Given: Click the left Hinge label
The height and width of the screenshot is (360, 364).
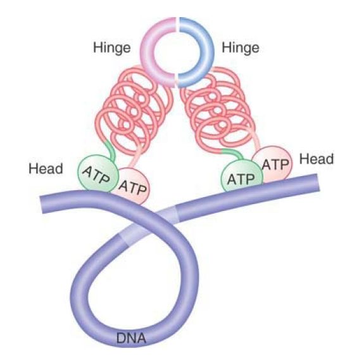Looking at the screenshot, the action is (x=112, y=48).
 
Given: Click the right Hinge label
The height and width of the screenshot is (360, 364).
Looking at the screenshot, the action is (x=241, y=48).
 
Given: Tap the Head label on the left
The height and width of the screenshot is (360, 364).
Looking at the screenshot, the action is (x=46, y=169).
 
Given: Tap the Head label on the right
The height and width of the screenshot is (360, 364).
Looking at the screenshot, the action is (x=317, y=159).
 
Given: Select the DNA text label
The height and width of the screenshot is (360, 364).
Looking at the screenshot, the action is (x=131, y=338).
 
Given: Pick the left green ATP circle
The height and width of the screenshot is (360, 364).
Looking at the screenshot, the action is (x=97, y=174).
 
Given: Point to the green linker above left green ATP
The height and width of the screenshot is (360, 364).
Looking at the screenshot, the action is (x=111, y=150).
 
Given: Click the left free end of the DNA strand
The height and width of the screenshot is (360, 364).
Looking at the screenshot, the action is (x=42, y=205).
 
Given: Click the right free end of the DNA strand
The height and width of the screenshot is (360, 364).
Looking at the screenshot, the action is (x=318, y=183).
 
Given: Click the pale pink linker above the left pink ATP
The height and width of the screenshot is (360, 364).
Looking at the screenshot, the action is (x=136, y=156).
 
